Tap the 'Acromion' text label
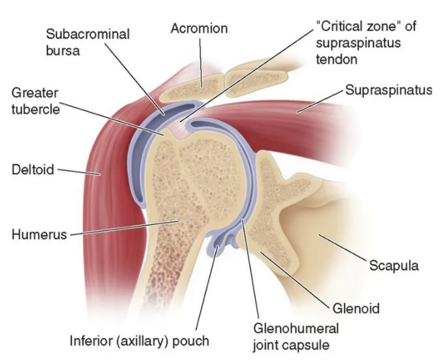pyautogui.click(x=199, y=28)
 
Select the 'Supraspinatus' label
pyautogui.click(x=389, y=90)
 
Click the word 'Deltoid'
pyautogui.click(x=33, y=169)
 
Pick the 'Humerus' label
pyautogui.click(x=36, y=235)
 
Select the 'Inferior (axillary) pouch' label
pyautogui.click(x=139, y=341)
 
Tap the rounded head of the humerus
pyautogui.click(x=201, y=169)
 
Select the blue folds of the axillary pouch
pyautogui.click(x=223, y=241)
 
